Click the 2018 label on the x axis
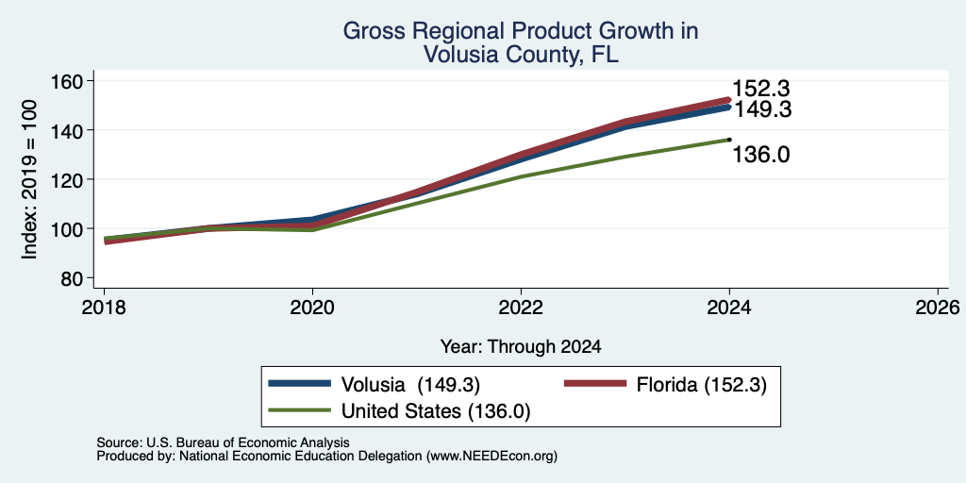click(x=104, y=307)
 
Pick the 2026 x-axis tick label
click(x=938, y=307)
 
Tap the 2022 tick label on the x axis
click(x=521, y=307)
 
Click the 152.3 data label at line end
click(x=761, y=89)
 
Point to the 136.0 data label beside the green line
click(x=761, y=155)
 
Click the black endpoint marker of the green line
click(x=729, y=140)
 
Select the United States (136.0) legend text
click(x=436, y=411)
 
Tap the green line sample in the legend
click(x=300, y=410)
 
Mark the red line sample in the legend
click(x=596, y=384)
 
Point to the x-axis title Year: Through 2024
click(x=521, y=347)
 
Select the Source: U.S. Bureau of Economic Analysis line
click(x=223, y=443)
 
